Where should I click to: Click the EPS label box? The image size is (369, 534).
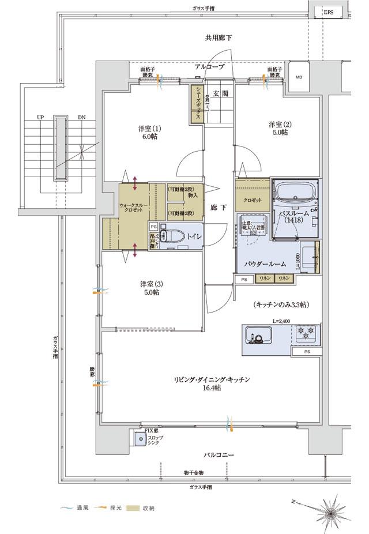click(x=327, y=13)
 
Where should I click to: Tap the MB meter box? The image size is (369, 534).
click(x=299, y=77)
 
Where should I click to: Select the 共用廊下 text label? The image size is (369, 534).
click(x=219, y=37)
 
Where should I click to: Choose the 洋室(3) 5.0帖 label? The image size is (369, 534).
click(x=148, y=288)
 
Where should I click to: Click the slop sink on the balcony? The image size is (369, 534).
click(x=140, y=439)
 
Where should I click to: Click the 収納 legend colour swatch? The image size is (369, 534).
click(x=132, y=508)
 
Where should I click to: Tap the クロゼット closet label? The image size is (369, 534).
click(x=253, y=200)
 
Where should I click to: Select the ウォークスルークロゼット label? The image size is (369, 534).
click(x=133, y=208)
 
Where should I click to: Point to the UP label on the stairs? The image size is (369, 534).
click(x=40, y=117)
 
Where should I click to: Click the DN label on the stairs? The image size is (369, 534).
click(x=82, y=117)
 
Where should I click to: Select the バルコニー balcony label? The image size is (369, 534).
click(x=219, y=455)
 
